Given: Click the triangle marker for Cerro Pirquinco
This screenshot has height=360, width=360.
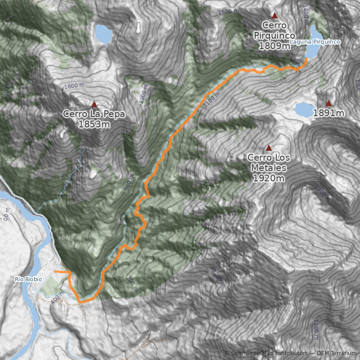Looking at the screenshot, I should point(274,15).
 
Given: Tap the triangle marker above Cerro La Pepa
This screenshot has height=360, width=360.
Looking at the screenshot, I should point(94,104).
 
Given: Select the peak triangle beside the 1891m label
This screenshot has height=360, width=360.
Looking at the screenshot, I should point(328,103).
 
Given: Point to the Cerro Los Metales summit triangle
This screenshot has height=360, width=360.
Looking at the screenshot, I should point(269,148).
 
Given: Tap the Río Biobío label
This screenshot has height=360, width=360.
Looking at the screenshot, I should point(28,279).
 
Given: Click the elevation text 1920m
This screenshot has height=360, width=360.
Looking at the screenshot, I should point(269,179).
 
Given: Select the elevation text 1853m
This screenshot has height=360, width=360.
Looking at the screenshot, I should point(94,124).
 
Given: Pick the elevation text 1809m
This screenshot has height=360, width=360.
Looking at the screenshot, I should point(274,45).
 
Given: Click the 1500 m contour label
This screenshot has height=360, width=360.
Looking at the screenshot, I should point(227,12).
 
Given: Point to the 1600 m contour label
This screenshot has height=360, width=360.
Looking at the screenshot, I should point(74,85).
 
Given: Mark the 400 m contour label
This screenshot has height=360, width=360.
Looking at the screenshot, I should point(58,298).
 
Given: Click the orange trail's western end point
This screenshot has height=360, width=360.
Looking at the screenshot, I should point(54,272).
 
